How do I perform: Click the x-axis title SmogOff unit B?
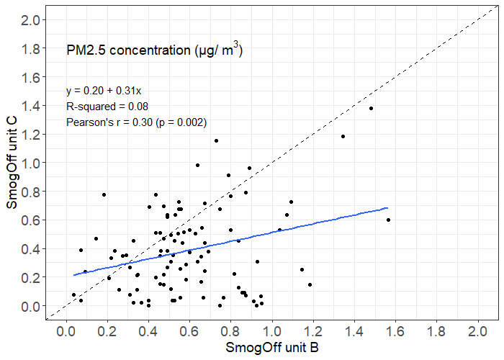click(x=272, y=348)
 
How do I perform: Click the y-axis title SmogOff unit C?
click(x=12, y=165)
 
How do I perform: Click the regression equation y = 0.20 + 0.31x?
click(x=104, y=91)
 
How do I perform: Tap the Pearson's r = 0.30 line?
click(x=136, y=122)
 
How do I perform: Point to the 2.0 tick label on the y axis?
click(x=30, y=20)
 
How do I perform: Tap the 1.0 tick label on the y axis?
click(x=30, y=163)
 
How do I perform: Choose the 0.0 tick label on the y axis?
click(x=30, y=307)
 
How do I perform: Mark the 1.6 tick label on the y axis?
click(x=30, y=77)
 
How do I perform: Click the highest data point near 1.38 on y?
click(x=371, y=108)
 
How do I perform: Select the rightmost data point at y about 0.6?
click(x=388, y=220)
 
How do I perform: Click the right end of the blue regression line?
click(x=387, y=208)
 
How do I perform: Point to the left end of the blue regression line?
click(x=73, y=275)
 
